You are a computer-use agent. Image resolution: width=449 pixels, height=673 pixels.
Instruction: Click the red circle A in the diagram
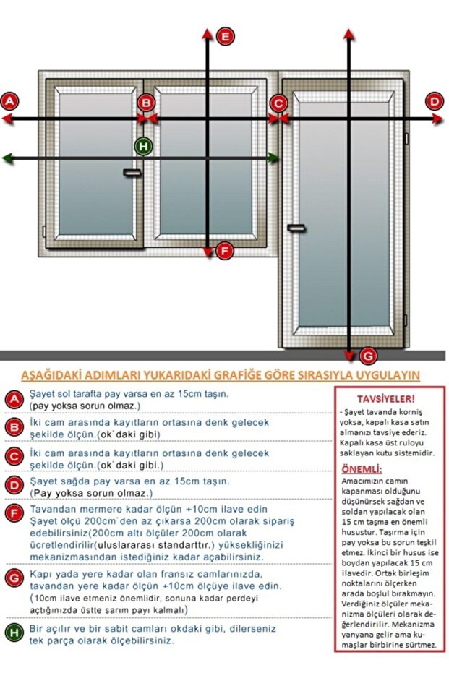(x=9, y=101)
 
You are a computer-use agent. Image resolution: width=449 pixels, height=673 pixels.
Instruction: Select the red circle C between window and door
(x=278, y=103)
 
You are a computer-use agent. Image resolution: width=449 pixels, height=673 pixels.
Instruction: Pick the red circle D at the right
(x=435, y=101)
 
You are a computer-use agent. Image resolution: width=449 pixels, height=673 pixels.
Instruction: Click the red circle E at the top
(x=226, y=36)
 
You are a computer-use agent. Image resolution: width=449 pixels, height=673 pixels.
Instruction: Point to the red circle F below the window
(x=225, y=251)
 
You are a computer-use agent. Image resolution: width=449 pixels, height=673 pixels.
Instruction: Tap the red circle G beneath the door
(x=367, y=356)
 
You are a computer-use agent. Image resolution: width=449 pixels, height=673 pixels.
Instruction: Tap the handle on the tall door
(x=296, y=228)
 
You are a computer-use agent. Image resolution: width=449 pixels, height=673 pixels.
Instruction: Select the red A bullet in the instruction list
(x=14, y=400)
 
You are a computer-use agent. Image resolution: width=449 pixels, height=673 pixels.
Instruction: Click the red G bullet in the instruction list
(x=14, y=577)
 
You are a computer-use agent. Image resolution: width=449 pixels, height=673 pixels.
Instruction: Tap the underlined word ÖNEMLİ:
(x=360, y=469)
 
